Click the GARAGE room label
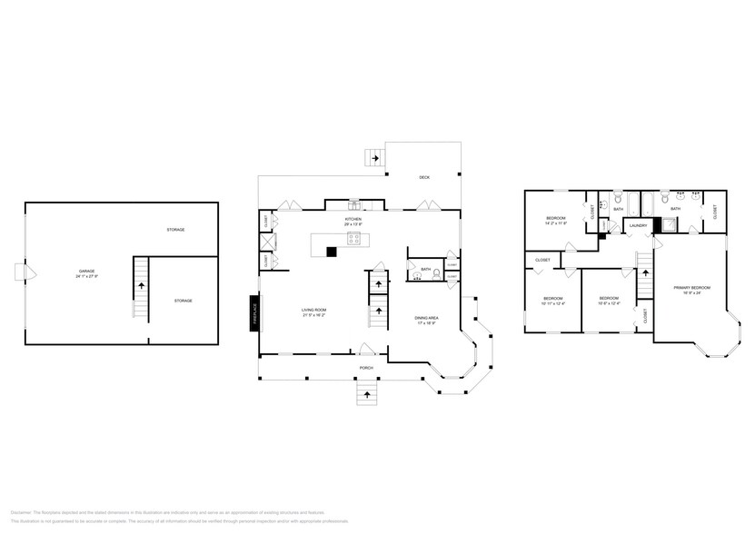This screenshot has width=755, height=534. tap(87, 271)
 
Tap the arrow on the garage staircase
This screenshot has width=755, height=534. tap(141, 285)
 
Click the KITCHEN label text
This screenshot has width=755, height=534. tap(353, 219)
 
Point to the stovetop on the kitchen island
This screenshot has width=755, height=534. tap(354, 241)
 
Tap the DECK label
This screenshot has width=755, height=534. tap(423, 177)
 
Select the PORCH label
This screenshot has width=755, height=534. tap(366, 368)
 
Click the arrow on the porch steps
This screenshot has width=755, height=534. tap(366, 395)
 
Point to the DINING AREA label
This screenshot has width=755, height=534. tap(426, 318)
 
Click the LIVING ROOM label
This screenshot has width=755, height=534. tap(314, 310)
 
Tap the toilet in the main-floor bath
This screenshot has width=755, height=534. tap(437, 272)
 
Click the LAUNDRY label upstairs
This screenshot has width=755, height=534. tap(638, 226)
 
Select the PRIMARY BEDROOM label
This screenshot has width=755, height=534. tap(691, 288)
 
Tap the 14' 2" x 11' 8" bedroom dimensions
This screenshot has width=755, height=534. tap(555, 222)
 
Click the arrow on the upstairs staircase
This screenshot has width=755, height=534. tap(645, 272)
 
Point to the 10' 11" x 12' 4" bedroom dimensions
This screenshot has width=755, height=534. tap(553, 303)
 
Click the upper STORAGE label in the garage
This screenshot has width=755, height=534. tap(175, 230)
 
